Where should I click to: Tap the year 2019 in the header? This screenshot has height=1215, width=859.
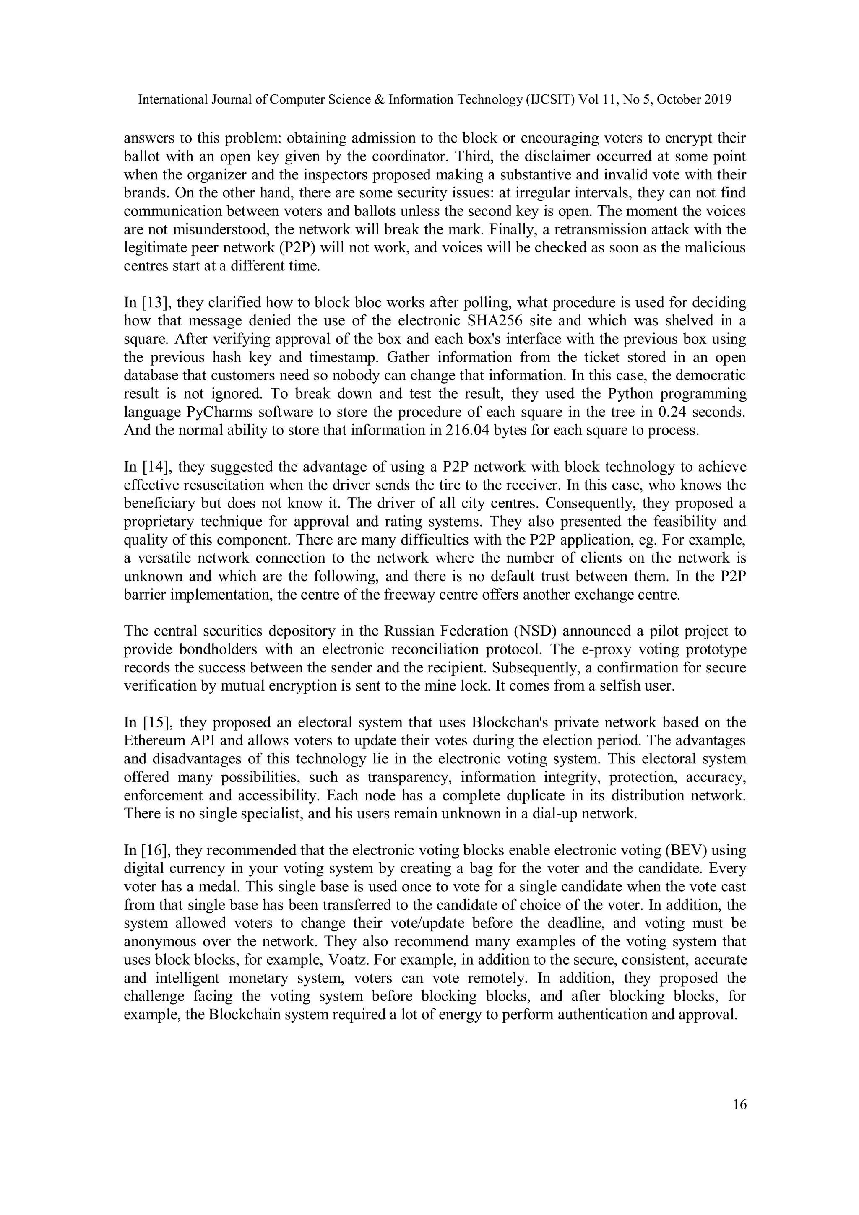coord(718,99)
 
